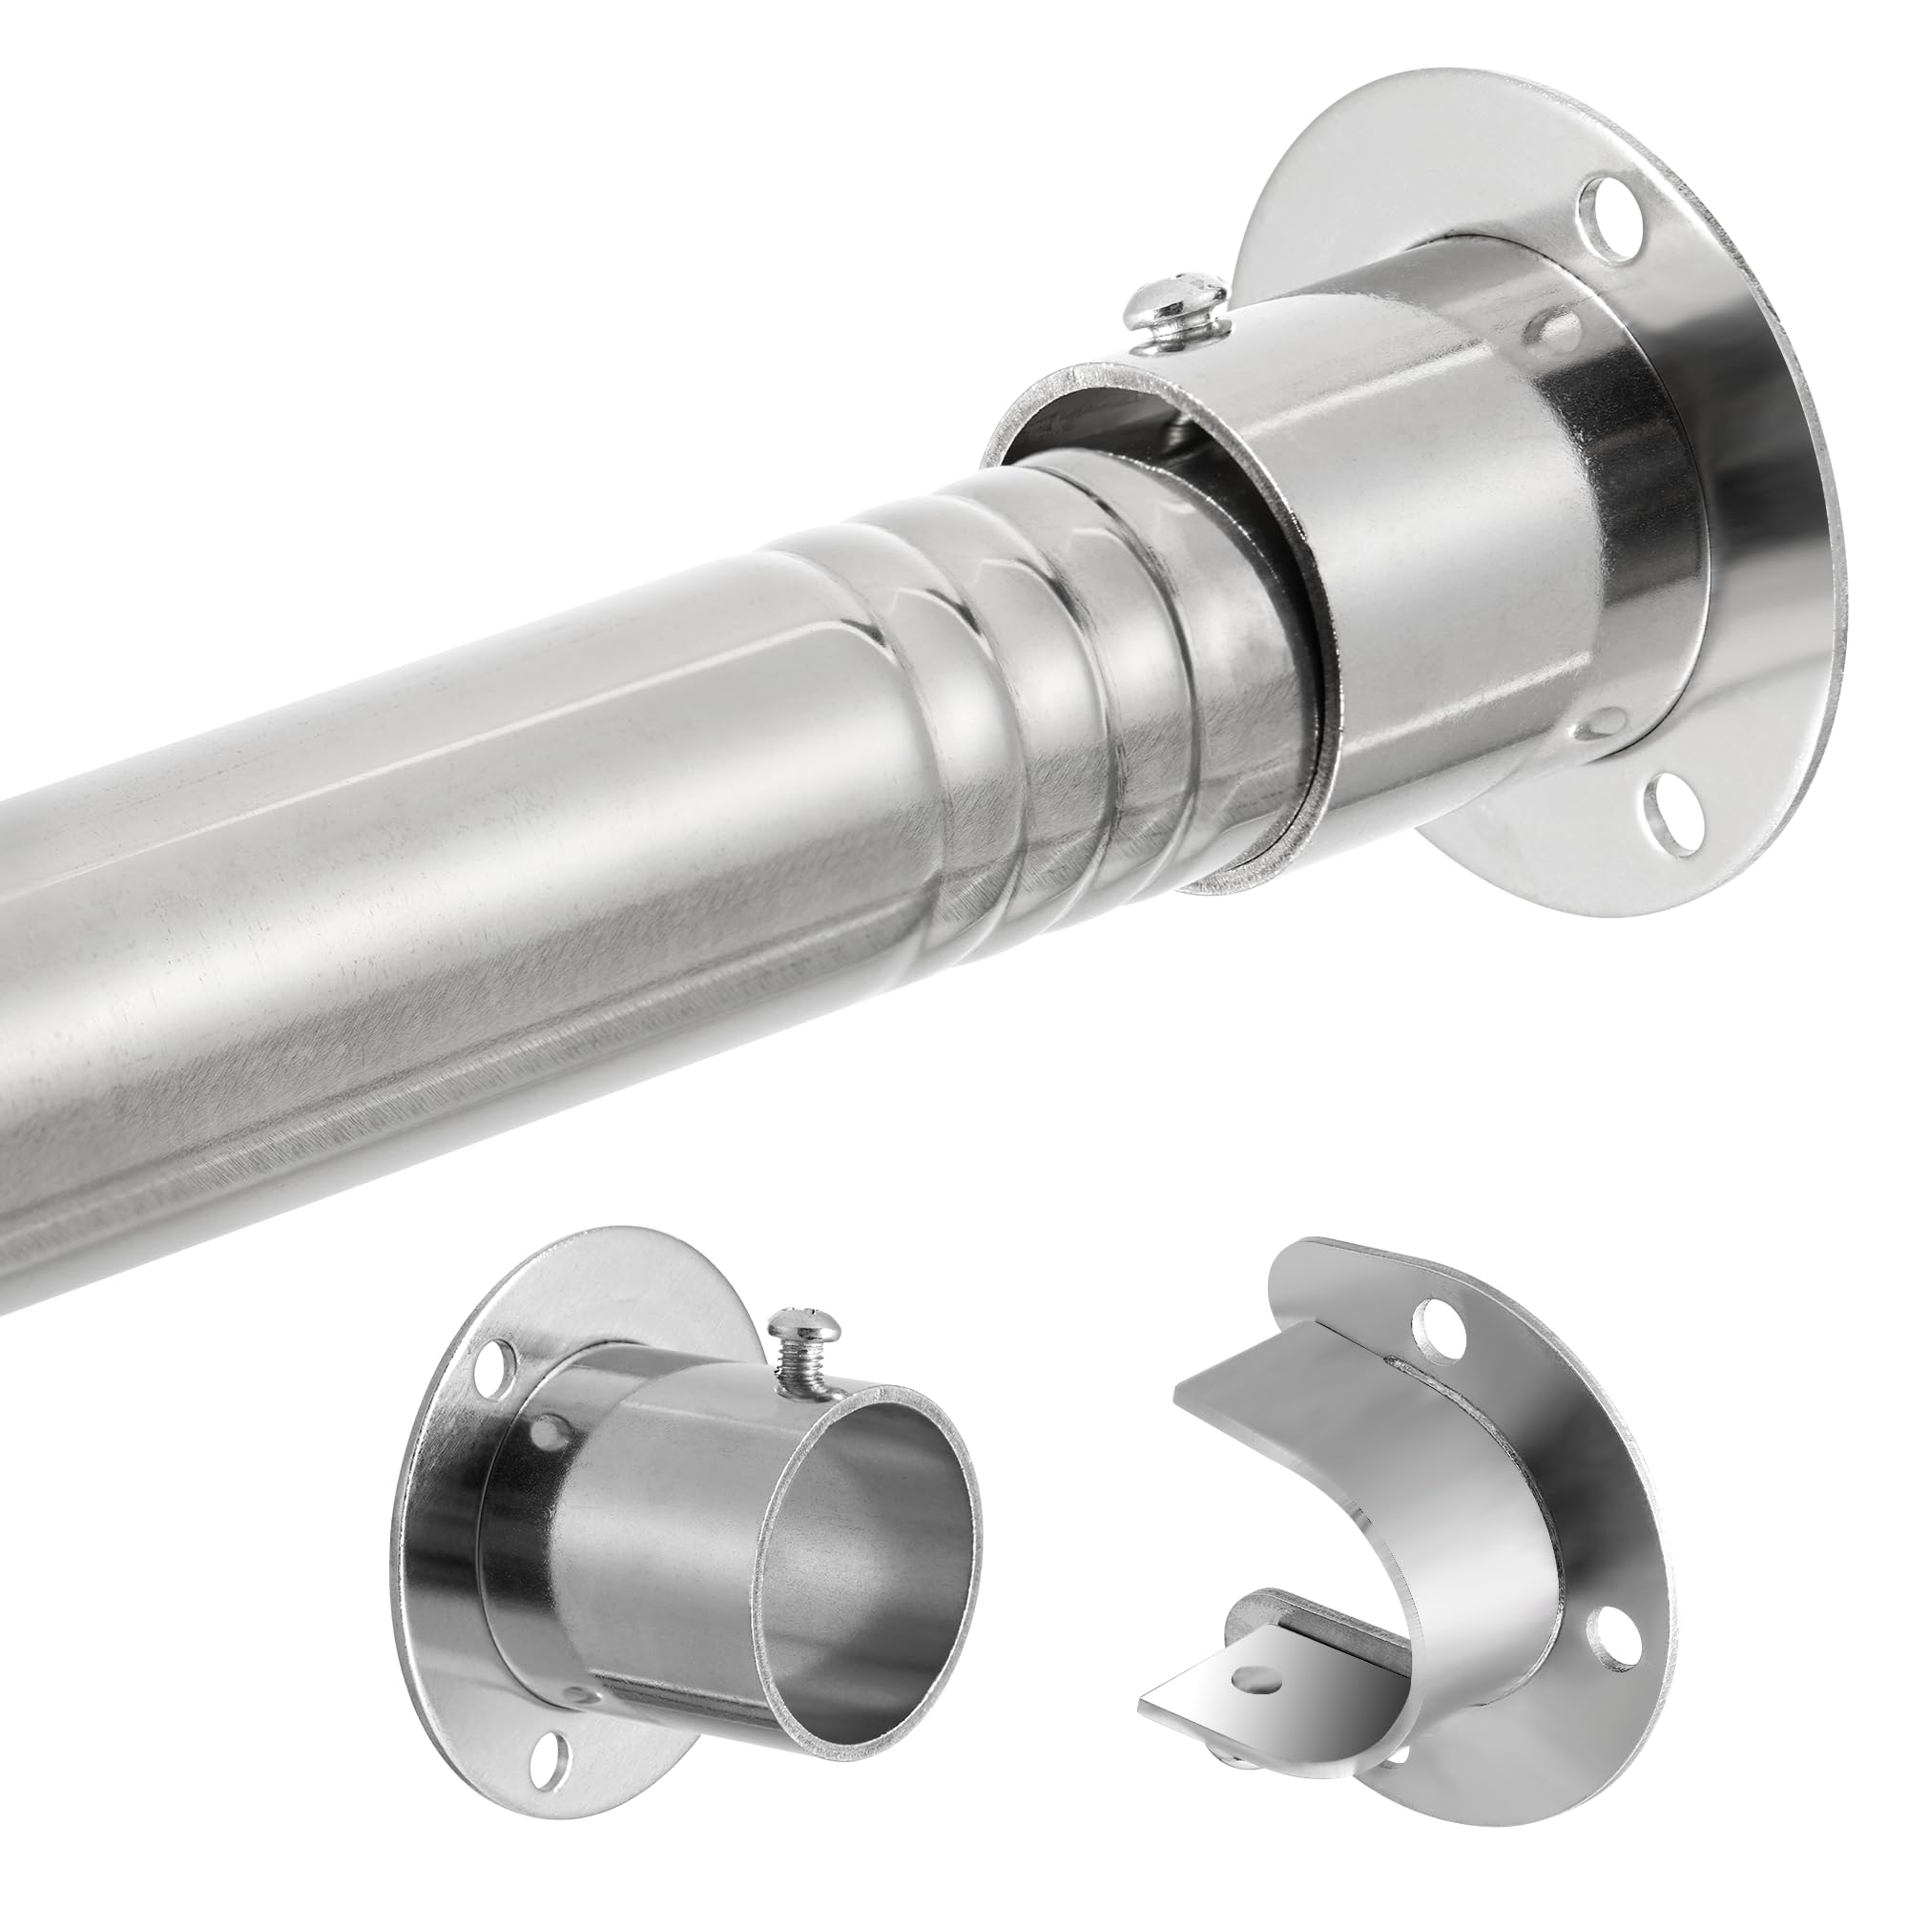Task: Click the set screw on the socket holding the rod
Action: point(1181,302)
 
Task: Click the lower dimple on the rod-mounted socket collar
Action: point(1596,729)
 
